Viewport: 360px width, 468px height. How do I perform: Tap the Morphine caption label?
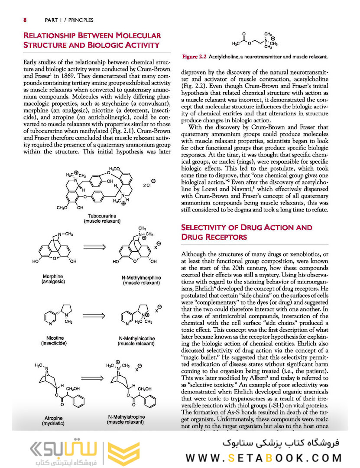coord(53,276)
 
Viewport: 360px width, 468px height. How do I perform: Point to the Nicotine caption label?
coord(53,338)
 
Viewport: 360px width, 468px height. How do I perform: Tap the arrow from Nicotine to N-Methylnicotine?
coord(95,312)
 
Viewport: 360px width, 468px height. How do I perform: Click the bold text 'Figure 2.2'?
coord(195,57)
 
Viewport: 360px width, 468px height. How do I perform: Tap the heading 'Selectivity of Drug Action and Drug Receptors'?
coord(246,232)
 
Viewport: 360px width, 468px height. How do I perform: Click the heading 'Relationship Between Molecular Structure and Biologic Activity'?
coord(91,40)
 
